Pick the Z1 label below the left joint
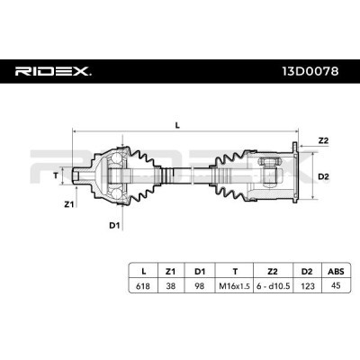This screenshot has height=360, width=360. pyautogui.click(x=68, y=204)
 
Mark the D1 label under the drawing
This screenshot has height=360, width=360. pyautogui.click(x=114, y=225)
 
